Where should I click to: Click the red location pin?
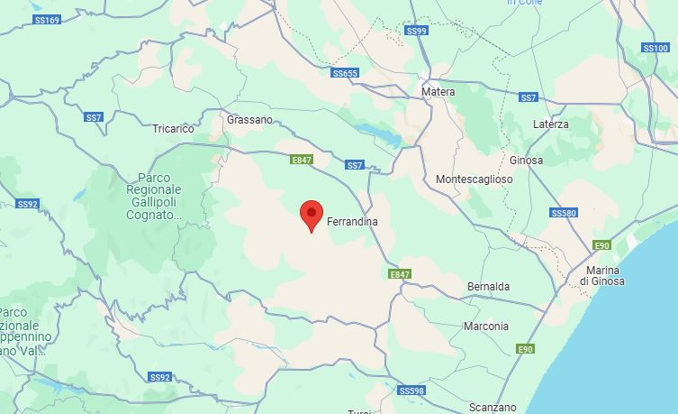311,215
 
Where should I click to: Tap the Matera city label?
438,92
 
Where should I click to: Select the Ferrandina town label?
352,222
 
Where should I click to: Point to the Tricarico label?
174,129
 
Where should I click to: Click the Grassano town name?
249,119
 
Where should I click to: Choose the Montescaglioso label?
474,179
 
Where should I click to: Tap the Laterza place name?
550,124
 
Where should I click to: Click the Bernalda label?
488,287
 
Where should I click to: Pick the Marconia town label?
485,327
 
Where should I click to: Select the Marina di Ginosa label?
602,276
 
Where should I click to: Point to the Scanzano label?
493,408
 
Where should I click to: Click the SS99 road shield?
416,31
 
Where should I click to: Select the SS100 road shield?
655,48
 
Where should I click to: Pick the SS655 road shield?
345,73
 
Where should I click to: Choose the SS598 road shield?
411,391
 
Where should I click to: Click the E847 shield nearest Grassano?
302,160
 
